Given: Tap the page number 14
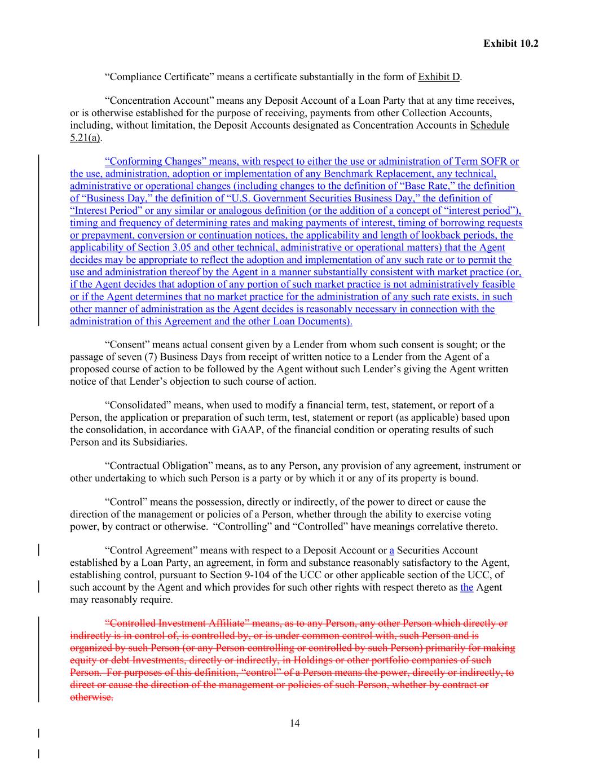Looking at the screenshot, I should pyautogui.click(x=294, y=723).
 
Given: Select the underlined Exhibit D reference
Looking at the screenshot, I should pyautogui.click(x=439, y=77).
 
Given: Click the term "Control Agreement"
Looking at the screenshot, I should pyautogui.click(x=149, y=551).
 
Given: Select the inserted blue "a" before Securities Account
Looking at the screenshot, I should pyautogui.click(x=391, y=551).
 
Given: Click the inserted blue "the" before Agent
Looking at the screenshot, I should pyautogui.click(x=466, y=587).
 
